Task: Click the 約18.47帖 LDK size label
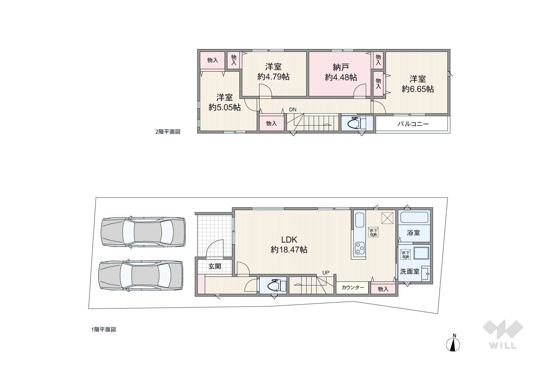[289, 250]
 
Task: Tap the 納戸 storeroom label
[341, 67]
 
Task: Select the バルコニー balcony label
[413, 124]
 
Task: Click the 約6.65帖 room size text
[417, 89]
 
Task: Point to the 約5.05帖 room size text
[224, 108]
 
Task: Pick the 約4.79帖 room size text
[273, 77]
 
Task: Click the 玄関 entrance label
[215, 267]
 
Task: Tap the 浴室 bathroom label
[413, 233]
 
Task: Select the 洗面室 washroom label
[409, 272]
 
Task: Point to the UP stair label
[326, 273]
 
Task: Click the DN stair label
[293, 110]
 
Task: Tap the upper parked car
[143, 233]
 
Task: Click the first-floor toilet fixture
[274, 286]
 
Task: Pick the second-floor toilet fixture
[356, 123]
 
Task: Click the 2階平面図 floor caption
[168, 132]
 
